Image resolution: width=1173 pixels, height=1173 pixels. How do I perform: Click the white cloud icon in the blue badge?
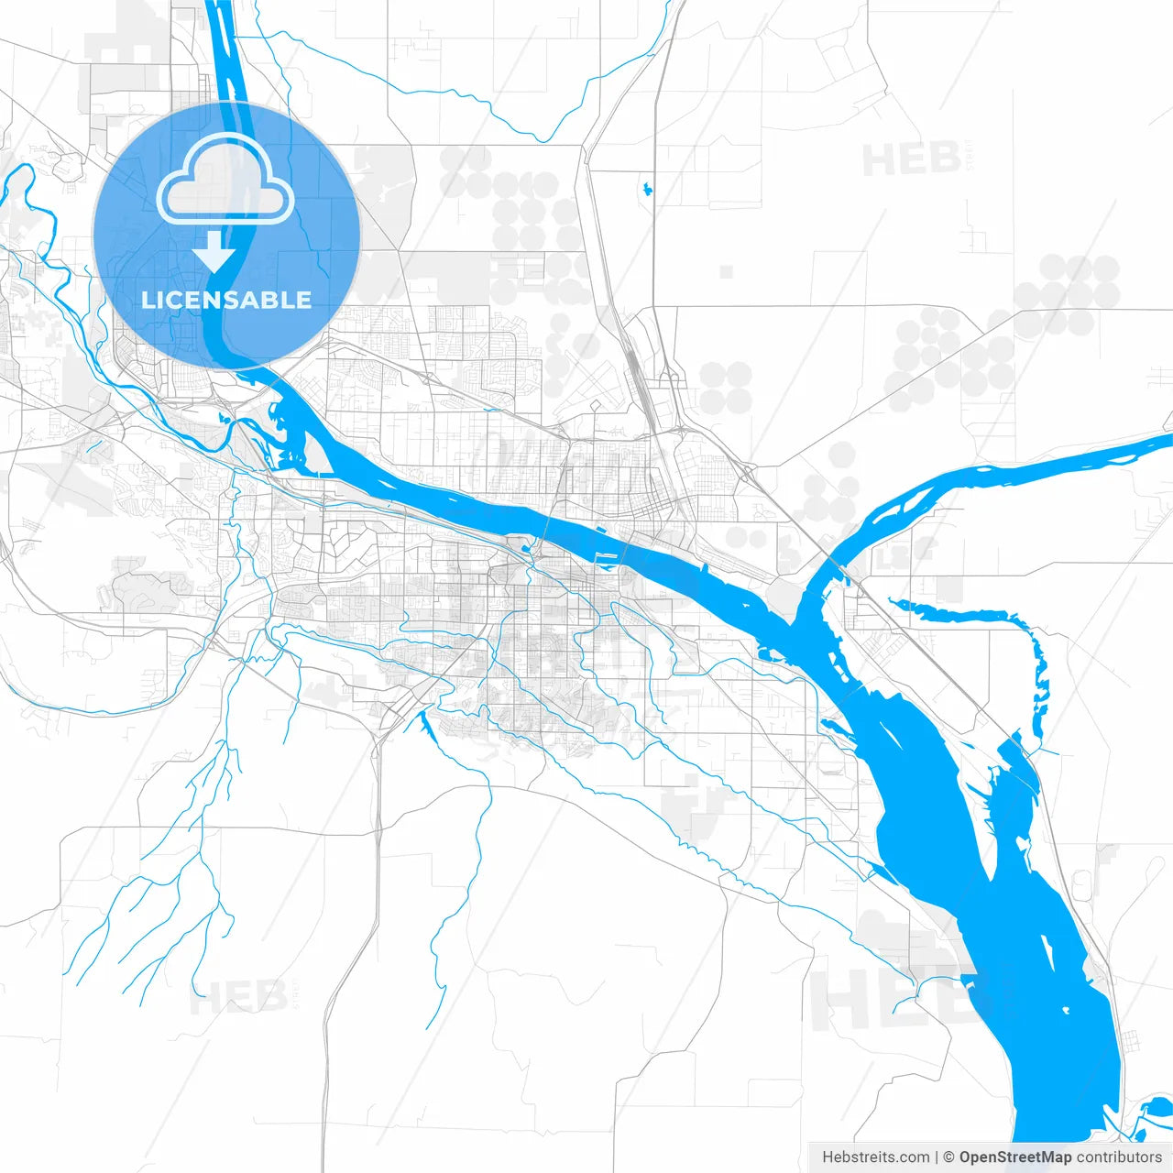pyautogui.click(x=225, y=180)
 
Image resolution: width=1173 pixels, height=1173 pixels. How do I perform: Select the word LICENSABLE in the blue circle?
pyautogui.click(x=226, y=300)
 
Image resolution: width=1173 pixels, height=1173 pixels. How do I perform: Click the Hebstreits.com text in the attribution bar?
pyautogui.click(x=875, y=1157)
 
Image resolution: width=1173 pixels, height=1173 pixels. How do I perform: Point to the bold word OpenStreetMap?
pyautogui.click(x=1014, y=1157)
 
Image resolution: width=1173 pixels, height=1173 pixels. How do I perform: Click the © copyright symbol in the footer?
pyautogui.click(x=949, y=1157)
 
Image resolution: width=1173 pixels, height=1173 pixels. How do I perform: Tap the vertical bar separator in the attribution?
pyautogui.click(x=937, y=1157)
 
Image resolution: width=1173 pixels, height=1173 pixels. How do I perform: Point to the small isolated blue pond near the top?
pyautogui.click(x=648, y=190)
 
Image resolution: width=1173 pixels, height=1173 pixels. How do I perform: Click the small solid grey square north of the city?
pyautogui.click(x=726, y=271)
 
